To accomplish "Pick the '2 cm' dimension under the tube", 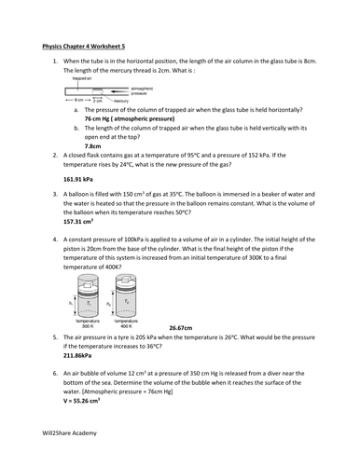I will tap(108, 99).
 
